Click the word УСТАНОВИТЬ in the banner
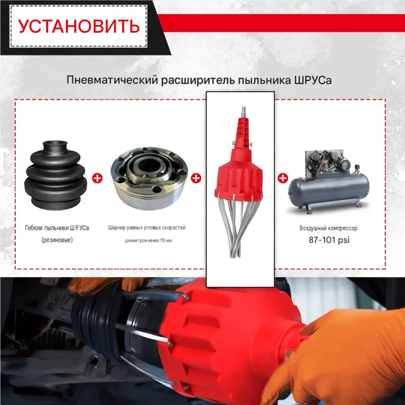coord(79,26)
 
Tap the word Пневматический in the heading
coord(112,80)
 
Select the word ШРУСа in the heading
coord(313,80)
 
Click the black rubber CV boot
coord(56,175)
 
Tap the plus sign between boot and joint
coord(97,178)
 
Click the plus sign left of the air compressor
coord(283,178)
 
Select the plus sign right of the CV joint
coord(196,178)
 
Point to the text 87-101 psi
coord(329,240)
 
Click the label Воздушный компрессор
coord(329,228)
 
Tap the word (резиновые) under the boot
coord(57,240)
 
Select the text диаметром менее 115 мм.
coord(149,240)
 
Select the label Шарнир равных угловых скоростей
coord(147,228)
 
